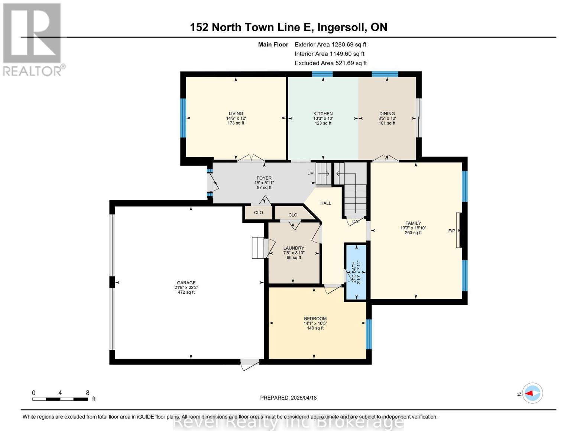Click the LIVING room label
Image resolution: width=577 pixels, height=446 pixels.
point(236,114)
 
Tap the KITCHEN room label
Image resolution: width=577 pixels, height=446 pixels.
point(323,114)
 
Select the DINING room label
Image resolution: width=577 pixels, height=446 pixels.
point(387,114)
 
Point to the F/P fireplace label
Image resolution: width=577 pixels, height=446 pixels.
point(451,231)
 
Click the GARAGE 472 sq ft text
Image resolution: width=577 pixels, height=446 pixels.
point(186,293)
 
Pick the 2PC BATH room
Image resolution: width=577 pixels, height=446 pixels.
point(356,272)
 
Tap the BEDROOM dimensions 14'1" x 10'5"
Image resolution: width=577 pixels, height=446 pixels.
point(315,323)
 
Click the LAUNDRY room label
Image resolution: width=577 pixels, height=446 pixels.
point(294,248)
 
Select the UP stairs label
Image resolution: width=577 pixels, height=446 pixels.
point(310,174)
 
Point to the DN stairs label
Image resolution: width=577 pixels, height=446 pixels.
point(355,222)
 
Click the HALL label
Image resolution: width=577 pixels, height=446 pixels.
point(325,203)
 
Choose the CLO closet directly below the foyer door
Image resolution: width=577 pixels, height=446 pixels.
point(258,213)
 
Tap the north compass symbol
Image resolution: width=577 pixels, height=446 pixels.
point(532,393)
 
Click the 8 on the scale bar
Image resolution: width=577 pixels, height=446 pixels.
point(88,393)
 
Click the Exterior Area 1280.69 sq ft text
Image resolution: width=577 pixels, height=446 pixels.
point(330,45)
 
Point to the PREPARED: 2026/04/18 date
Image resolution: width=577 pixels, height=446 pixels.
point(288,398)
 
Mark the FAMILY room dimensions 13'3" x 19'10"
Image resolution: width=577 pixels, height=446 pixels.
point(413,228)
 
